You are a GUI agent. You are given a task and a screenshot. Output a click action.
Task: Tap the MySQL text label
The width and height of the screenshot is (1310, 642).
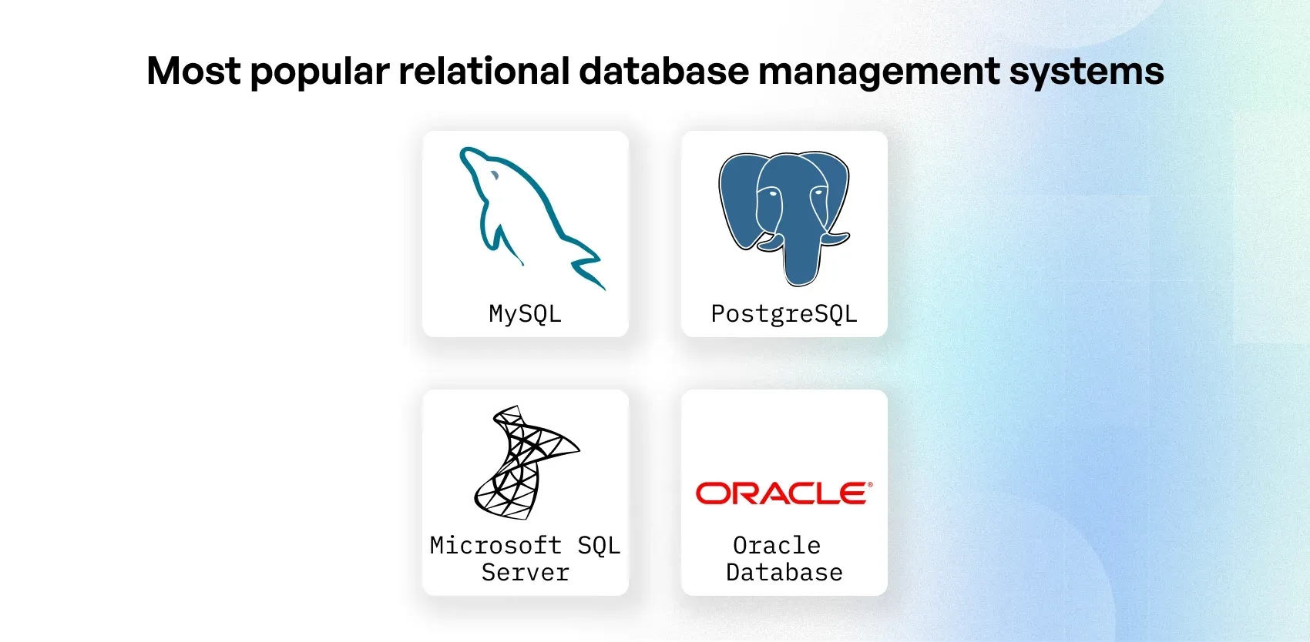(525, 314)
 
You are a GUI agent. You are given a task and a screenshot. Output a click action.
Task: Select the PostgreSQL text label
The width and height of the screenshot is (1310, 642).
(784, 314)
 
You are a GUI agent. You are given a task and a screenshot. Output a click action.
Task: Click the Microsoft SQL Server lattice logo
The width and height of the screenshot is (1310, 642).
(524, 462)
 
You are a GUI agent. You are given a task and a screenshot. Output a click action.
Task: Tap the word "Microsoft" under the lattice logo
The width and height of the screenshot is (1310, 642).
(495, 545)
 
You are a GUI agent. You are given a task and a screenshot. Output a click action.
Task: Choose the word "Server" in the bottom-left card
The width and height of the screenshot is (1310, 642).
(525, 573)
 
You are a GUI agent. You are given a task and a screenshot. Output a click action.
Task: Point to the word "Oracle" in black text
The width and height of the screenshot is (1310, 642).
(776, 545)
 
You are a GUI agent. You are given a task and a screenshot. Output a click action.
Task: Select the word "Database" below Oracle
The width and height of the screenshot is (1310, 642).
(784, 573)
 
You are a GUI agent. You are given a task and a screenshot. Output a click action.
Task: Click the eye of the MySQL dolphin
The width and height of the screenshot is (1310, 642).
(494, 176)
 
